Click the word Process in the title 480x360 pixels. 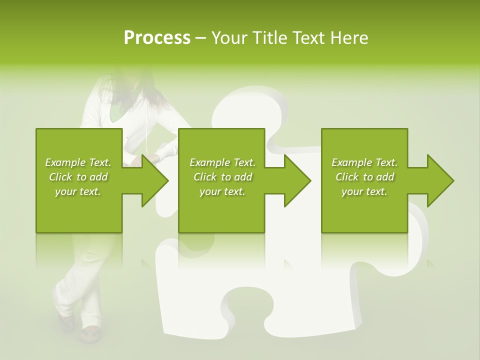(x=157, y=38)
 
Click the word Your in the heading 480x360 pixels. (x=229, y=38)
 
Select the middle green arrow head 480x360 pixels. (x=297, y=180)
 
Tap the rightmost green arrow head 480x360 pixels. (x=440, y=180)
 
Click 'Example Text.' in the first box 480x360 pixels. (x=78, y=162)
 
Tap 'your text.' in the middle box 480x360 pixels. (x=222, y=191)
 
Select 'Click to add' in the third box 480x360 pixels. (x=364, y=177)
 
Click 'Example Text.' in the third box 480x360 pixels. (x=364, y=162)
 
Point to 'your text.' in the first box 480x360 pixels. (x=78, y=191)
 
